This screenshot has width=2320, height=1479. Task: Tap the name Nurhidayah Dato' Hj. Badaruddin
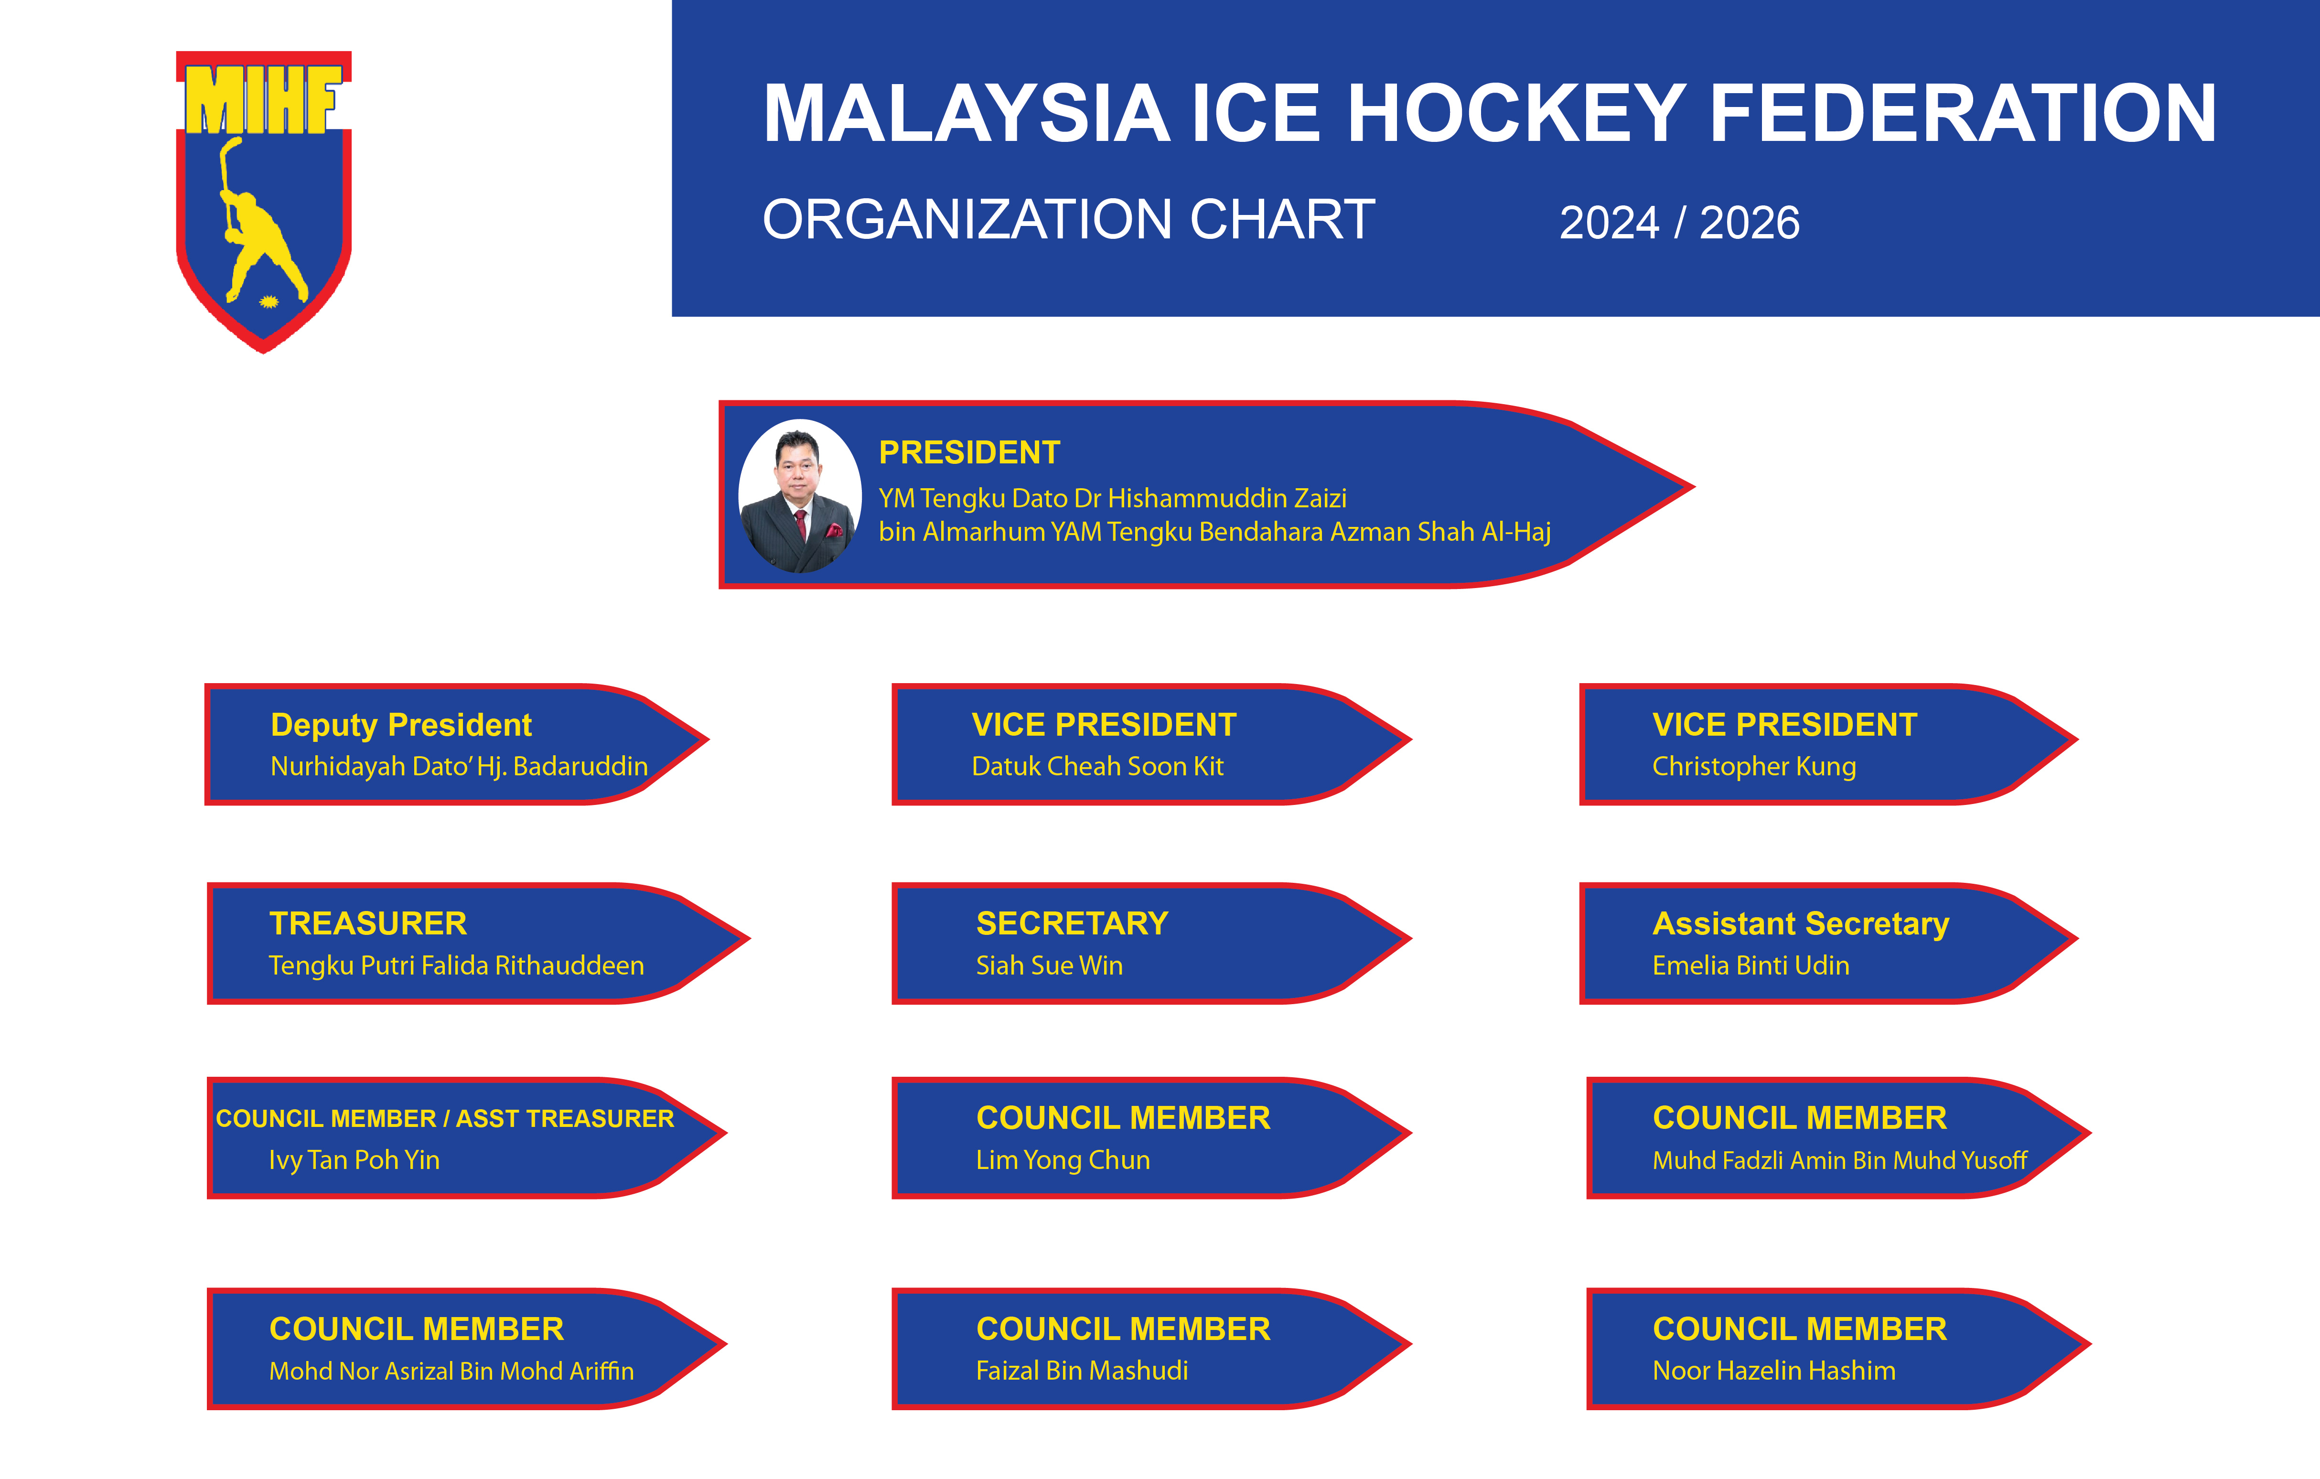459,767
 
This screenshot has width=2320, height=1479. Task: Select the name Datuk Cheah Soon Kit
1097,767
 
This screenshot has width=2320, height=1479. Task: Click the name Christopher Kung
1753,767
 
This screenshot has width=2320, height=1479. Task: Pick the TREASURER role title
368,924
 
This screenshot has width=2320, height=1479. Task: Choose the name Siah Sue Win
1049,965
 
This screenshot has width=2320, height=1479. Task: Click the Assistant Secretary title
1800,924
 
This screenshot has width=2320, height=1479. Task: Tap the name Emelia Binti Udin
1751,965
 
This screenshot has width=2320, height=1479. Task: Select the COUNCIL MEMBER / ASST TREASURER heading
444,1119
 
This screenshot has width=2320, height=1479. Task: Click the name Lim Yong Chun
1063,1160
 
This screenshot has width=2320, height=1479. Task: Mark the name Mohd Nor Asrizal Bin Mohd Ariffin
451,1371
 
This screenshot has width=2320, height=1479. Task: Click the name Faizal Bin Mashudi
1081,1371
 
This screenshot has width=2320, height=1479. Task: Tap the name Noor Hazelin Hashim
1774,1371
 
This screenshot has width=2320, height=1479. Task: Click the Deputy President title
401,725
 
